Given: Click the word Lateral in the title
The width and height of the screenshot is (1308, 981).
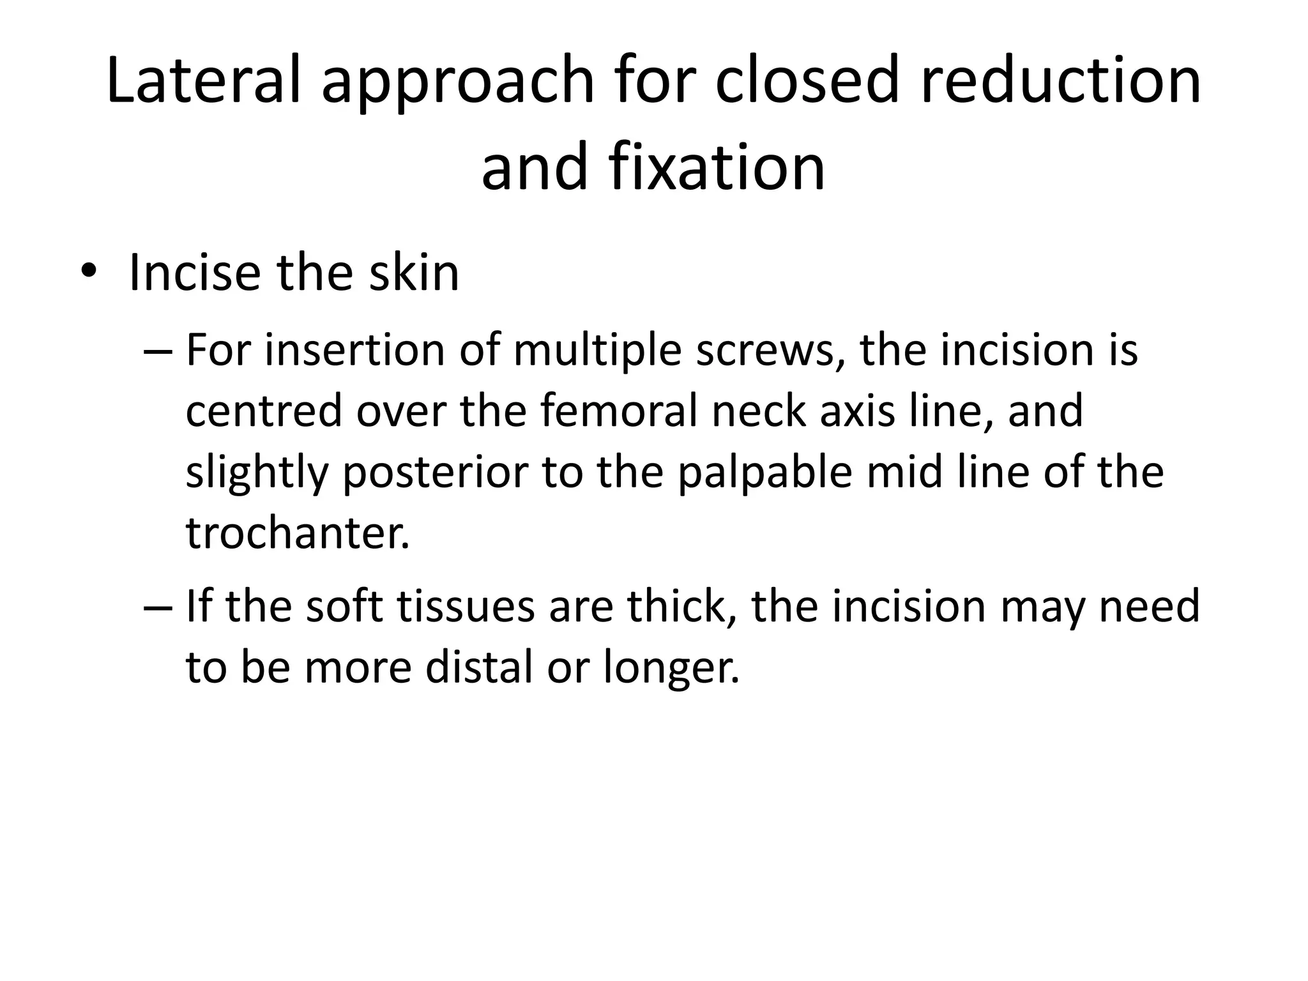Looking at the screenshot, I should coord(203,81).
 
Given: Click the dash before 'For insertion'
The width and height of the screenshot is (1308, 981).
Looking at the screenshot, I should coord(157,351).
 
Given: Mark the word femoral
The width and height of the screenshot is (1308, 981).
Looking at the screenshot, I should coord(619,411).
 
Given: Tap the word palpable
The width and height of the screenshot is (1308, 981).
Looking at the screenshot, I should coord(764,473).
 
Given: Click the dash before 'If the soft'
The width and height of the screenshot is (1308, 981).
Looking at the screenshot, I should coord(157,607).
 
